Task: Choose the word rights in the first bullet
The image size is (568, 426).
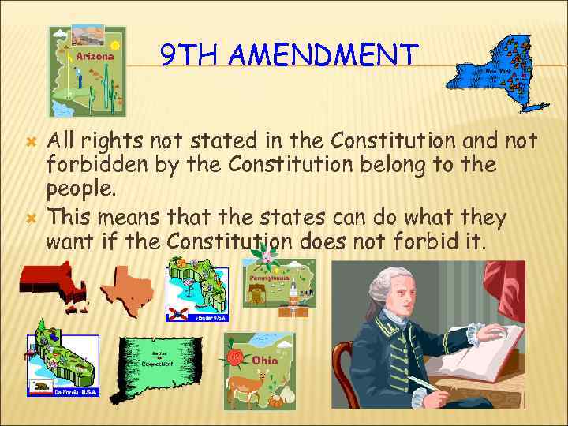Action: click(115, 142)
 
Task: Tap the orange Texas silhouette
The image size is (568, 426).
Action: click(127, 288)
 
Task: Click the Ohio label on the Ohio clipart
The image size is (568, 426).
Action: click(265, 361)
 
